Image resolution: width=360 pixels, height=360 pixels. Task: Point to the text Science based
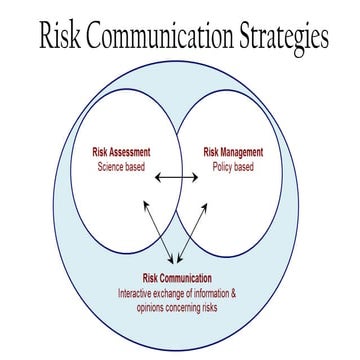pos(121,166)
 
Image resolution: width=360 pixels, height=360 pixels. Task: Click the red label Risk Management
pos(233,152)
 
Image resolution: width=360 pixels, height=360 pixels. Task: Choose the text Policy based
pos(233,166)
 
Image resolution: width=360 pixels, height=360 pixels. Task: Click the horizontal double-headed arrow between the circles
pos(177,178)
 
